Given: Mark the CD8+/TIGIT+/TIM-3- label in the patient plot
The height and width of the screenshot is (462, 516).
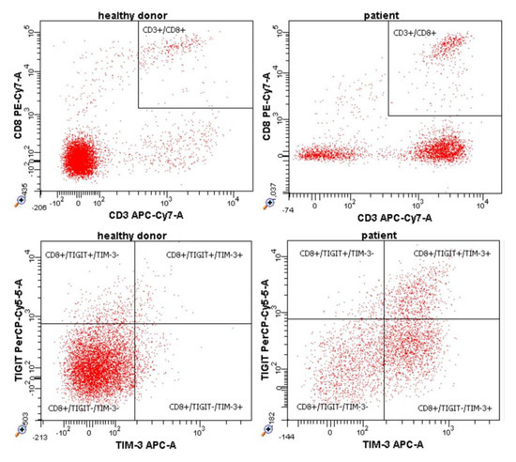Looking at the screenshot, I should pyautogui.click(x=337, y=254).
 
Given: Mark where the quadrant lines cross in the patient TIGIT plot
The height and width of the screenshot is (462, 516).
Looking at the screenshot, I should pyautogui.click(x=384, y=319).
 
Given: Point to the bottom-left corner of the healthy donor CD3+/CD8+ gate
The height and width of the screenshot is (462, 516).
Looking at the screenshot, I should pyautogui.click(x=139, y=108).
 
